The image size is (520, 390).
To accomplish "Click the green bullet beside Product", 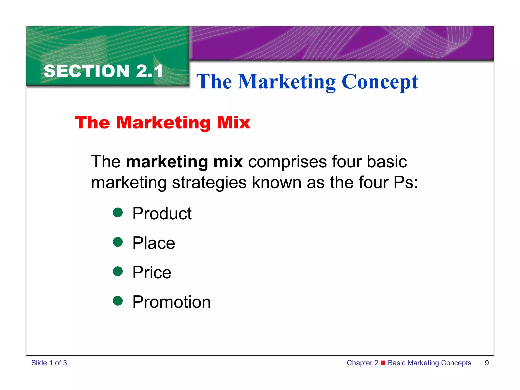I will coord(118,213).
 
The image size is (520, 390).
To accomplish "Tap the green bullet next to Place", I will coord(118,242).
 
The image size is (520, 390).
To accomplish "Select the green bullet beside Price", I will coord(118,271).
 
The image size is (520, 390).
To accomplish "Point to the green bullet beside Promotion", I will coord(118,301).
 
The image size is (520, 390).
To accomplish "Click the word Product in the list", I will coord(162,214).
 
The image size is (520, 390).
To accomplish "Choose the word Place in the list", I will coord(154,243).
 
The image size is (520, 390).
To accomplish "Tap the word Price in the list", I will coord(152,272).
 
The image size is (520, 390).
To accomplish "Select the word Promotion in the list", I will coord(172,302).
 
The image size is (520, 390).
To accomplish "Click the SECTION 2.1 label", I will coord(103,71).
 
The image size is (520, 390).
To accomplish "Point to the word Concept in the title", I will coord(380,82).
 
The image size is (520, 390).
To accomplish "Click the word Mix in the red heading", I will coord(234,123).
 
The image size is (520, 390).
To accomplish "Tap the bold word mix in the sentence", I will coord(228,162).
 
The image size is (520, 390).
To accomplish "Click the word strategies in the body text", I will coord(209,183).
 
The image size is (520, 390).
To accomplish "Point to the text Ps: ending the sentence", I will coord(405,183).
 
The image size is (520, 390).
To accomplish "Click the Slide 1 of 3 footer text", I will coord(49,363).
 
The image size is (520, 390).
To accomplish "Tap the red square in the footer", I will coord(383,362).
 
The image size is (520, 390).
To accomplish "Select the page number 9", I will coord(487,363).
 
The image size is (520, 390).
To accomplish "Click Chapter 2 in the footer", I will coord(362,363).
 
